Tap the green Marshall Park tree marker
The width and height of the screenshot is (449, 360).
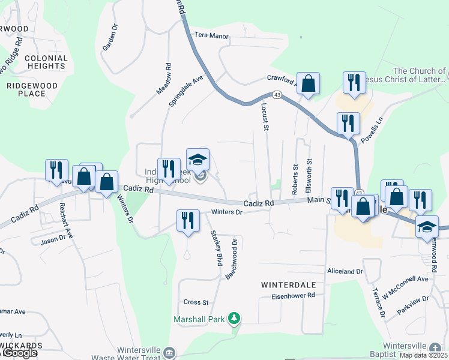(237, 318)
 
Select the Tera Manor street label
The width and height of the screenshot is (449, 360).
(211, 36)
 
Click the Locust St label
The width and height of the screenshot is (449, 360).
(264, 115)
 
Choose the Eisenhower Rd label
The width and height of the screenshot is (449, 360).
(293, 296)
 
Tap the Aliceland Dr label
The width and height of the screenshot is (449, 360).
(345, 272)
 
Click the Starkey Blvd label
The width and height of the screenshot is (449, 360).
(214, 248)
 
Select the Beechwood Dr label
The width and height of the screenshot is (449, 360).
(231, 259)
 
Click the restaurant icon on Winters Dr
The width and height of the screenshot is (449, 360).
(188, 221)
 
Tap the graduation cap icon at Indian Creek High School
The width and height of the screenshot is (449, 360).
(197, 160)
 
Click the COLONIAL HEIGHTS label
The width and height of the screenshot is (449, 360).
(46, 62)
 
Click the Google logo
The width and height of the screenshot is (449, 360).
(20, 353)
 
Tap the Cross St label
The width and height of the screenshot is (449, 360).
(196, 302)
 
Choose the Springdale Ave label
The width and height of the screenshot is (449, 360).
(186, 91)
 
